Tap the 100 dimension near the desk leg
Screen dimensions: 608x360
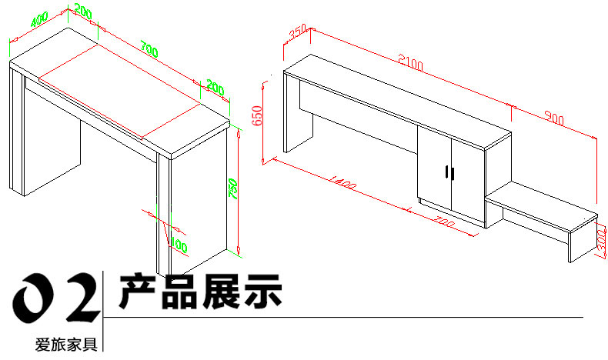click(x=179, y=245)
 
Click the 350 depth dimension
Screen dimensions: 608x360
click(x=297, y=32)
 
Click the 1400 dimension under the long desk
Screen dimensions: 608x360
click(x=342, y=185)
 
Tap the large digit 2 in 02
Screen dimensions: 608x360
click(x=82, y=295)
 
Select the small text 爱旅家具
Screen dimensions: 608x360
click(x=65, y=345)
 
